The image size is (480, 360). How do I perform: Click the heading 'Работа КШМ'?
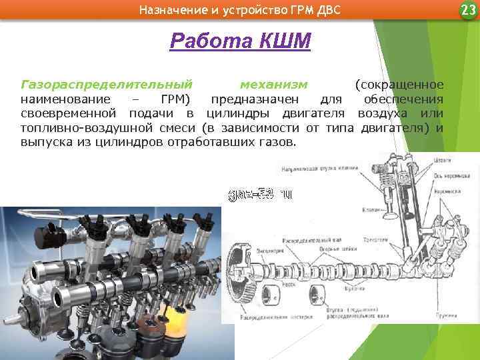point(240,41)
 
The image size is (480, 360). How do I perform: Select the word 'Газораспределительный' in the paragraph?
point(107,85)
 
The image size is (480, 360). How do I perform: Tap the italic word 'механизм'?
point(273,85)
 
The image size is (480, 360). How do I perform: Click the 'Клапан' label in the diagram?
point(370,209)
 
